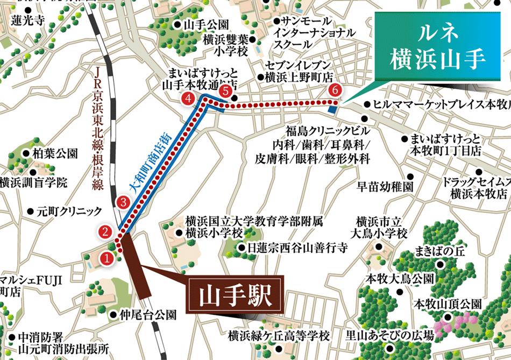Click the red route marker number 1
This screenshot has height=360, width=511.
(x=107, y=258)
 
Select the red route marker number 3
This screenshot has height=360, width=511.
(x=123, y=203)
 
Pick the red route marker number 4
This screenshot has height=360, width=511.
(x=188, y=98)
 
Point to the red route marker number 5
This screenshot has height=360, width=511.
(x=226, y=92)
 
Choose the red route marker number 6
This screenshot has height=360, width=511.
(x=336, y=89)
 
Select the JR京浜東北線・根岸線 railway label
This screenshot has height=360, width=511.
(x=97, y=129)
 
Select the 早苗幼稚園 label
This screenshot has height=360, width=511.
(x=386, y=187)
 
